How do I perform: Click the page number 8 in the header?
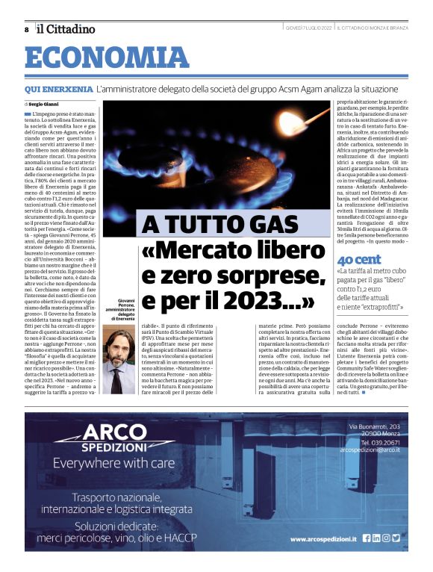point(26,29)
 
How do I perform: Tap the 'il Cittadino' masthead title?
point(67,28)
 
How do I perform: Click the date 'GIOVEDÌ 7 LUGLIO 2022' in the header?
point(308,29)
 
